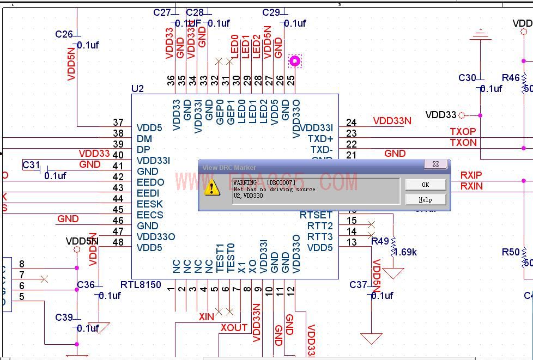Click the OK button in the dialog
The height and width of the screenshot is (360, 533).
point(425,185)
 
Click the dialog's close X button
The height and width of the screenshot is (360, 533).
point(435,164)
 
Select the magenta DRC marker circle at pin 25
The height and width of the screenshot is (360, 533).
point(295,60)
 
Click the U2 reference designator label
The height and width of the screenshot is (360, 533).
point(137,89)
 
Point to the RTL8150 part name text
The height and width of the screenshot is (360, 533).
point(141,285)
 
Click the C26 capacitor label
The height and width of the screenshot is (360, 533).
point(64,34)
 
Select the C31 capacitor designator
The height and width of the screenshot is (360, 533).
point(31,165)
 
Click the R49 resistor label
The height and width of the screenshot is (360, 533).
point(380,241)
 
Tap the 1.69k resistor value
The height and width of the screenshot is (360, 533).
point(405,252)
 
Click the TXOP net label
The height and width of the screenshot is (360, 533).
point(463,132)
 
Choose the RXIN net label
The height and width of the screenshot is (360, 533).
point(471,186)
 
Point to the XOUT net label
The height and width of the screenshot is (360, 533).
point(234,328)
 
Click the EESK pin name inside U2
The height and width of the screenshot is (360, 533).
point(149,204)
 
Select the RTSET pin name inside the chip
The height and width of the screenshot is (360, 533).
point(316,215)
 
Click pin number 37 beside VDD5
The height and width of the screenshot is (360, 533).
point(118,123)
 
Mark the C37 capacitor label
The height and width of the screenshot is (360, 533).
point(358,285)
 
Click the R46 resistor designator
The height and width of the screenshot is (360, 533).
point(511,78)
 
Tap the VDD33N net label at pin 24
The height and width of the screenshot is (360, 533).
point(392,121)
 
